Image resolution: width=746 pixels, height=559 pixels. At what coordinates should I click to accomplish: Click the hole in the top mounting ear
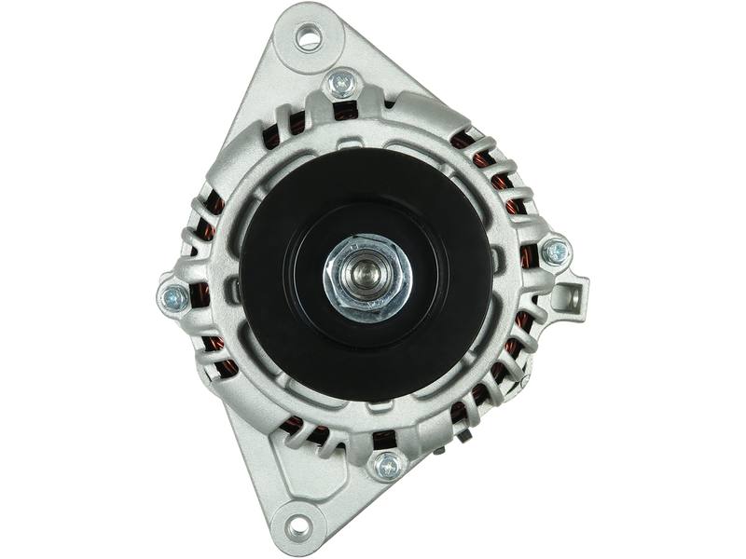click(x=307, y=38)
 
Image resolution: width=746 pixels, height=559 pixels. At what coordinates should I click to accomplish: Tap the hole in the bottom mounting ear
click(x=299, y=521)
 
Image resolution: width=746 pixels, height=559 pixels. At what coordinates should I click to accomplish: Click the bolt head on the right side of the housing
click(x=555, y=250)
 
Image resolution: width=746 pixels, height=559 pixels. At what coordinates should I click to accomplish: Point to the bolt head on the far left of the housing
click(x=173, y=297)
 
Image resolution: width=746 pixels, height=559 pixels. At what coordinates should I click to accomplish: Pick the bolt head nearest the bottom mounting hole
click(x=383, y=465)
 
